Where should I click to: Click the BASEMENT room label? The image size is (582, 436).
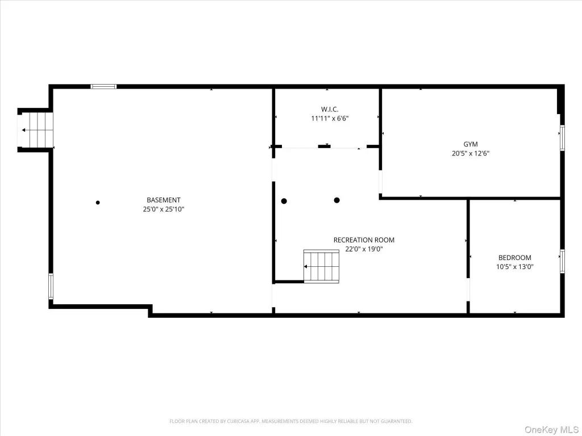click(x=163, y=200)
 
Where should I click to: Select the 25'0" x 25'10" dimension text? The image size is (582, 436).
click(x=164, y=209)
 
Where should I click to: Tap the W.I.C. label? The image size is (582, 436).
click(x=330, y=110)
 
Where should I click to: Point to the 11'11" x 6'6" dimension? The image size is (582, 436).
click(x=330, y=119)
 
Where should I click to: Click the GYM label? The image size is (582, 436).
click(x=470, y=144)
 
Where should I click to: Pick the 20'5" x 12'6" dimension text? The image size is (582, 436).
click(x=470, y=153)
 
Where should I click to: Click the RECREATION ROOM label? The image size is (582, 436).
click(x=364, y=240)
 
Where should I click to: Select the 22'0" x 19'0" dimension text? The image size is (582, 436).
click(x=364, y=249)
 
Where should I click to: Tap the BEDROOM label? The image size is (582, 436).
click(x=514, y=258)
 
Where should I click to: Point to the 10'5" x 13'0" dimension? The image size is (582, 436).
click(x=514, y=267)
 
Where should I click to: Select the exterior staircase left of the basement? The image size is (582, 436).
click(x=36, y=130)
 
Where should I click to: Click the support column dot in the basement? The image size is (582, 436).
click(x=98, y=203)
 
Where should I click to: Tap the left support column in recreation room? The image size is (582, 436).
click(x=284, y=202)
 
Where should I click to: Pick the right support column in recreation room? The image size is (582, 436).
click(x=336, y=200)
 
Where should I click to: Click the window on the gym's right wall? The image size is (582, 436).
click(x=562, y=138)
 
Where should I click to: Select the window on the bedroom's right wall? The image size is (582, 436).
click(x=562, y=262)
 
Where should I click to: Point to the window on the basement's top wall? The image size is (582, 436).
click(x=103, y=86)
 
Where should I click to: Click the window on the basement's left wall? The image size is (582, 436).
click(x=51, y=286)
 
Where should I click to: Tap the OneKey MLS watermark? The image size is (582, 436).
click(x=551, y=430)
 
